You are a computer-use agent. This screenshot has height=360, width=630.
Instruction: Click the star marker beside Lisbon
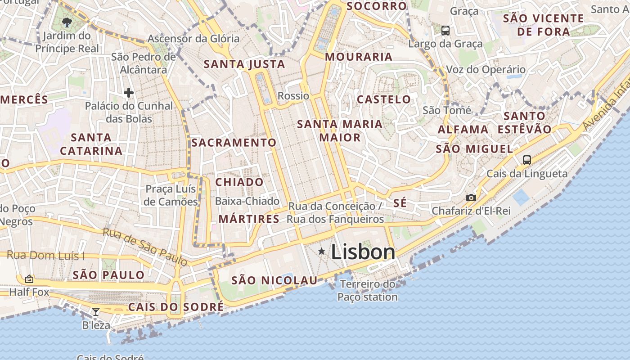coord(321,251)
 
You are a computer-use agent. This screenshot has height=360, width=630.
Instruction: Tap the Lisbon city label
coord(363,252)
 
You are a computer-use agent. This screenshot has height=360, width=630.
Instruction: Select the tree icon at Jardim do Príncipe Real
coord(67,22)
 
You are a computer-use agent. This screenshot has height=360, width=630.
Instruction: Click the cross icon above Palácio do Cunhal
coord(129,93)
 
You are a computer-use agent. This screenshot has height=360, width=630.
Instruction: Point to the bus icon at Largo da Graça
coord(445,31)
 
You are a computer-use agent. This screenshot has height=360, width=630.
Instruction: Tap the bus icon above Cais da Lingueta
coord(527,160)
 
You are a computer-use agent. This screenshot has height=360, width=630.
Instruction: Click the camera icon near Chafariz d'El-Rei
coord(471,198)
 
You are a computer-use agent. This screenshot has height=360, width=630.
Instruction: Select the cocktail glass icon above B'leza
coord(96,311)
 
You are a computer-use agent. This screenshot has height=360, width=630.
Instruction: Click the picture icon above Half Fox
coord(29,279)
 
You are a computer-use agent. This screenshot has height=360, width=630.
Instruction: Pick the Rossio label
coord(293,96)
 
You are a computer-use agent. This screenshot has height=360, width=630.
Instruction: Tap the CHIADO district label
coord(239,182)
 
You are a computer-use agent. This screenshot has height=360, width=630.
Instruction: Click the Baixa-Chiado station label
coord(247,201)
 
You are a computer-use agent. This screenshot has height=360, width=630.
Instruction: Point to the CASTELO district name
coord(384,99)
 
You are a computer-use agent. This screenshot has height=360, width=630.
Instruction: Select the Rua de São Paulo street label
coord(144,246)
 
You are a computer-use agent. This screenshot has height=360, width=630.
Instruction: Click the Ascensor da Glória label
coord(193,39)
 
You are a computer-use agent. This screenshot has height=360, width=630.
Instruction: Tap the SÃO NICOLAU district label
coord(274,281)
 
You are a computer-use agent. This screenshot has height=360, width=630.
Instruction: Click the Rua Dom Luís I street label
coord(45,256)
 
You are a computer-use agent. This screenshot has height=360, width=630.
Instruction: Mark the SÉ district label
coord(400,203)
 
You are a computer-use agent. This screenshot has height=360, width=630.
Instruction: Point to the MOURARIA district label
coord(359,57)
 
